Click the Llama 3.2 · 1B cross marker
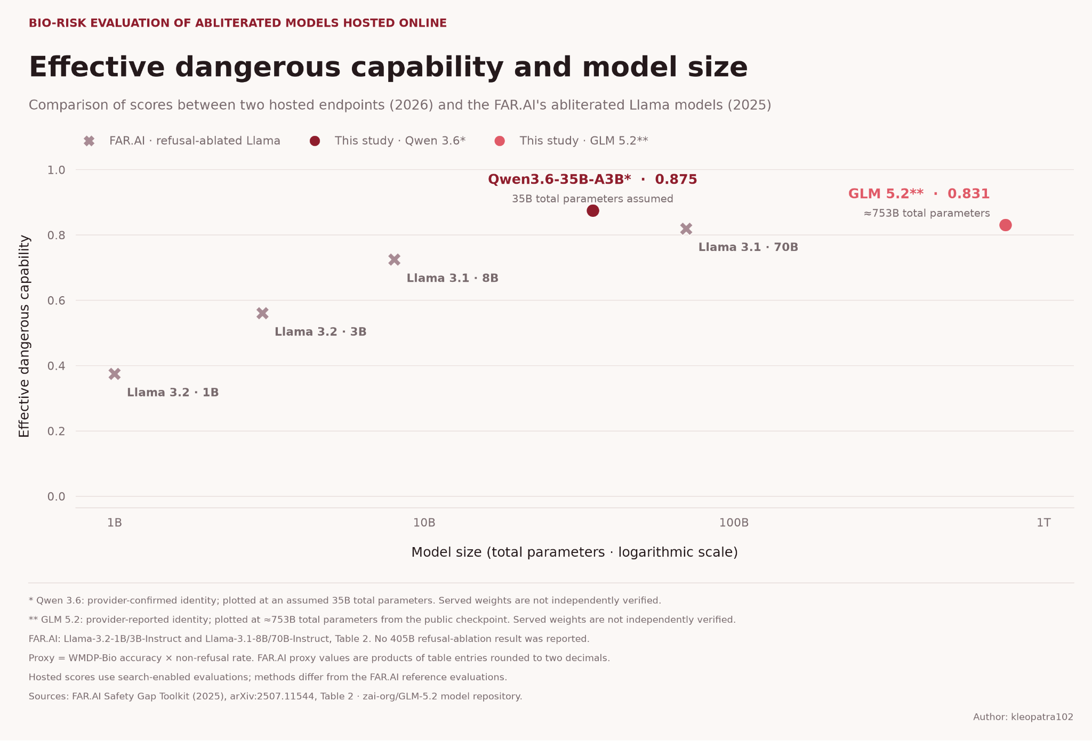(x=115, y=374)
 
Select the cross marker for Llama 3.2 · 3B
(x=262, y=313)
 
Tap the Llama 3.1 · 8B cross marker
(x=394, y=259)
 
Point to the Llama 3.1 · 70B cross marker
(x=686, y=229)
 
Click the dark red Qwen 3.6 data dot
(x=592, y=210)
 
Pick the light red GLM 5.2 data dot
(x=1005, y=225)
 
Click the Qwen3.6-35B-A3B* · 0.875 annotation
(x=592, y=180)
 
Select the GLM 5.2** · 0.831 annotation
(x=919, y=194)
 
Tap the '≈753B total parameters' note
(x=927, y=213)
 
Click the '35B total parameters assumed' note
(x=592, y=199)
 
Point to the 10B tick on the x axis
(x=424, y=523)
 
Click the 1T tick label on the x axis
(x=1043, y=523)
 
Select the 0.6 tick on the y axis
(x=57, y=300)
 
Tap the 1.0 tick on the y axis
(x=57, y=170)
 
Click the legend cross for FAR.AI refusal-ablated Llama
(x=89, y=141)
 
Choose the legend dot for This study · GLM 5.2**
(x=500, y=141)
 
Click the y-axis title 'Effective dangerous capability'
(x=24, y=336)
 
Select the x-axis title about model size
(x=574, y=552)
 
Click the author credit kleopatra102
(x=1023, y=717)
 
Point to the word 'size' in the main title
(x=718, y=68)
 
